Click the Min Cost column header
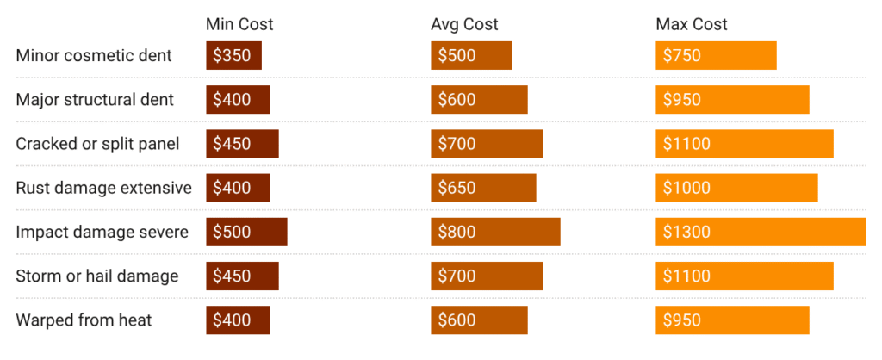coord(239,24)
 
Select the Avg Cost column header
coord(464,24)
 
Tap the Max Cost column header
coord(691,24)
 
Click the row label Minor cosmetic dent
coord(94,56)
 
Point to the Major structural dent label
coord(95,100)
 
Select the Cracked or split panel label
coord(97,144)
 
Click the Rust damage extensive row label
coord(103,188)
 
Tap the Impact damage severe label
coord(102,232)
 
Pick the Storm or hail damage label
coord(97,276)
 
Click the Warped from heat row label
coord(84,320)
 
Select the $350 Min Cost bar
coord(233,56)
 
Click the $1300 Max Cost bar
coord(761,232)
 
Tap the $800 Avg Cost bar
coord(495,232)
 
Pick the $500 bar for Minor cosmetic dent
coord(471,56)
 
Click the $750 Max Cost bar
coord(716,56)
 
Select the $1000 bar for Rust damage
coord(736,188)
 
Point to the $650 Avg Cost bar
coord(483,188)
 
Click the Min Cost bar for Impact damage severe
coord(246,232)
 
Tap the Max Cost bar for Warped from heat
coord(732,320)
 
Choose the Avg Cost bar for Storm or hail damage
coord(487,276)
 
